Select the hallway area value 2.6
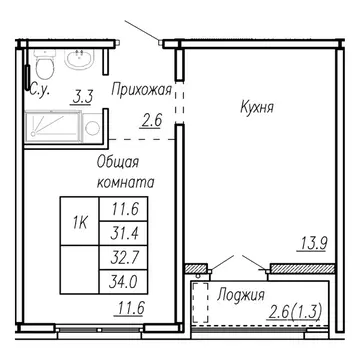(152, 123)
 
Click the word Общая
(117, 162)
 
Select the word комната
(125, 184)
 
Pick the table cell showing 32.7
(125, 256)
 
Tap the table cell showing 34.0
(125, 278)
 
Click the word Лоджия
(240, 295)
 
